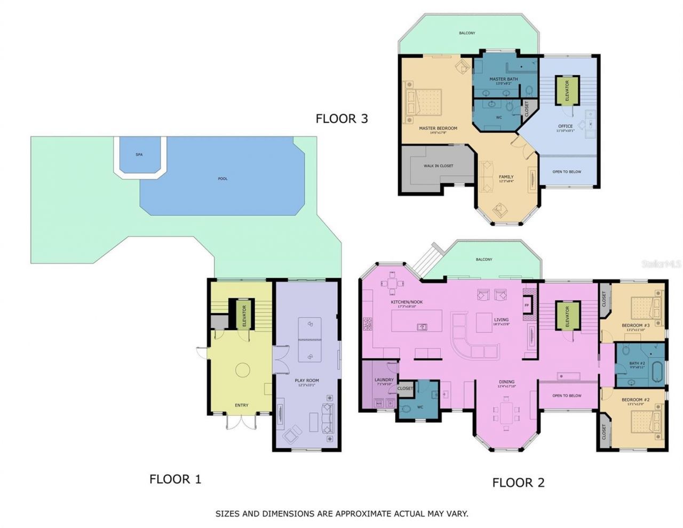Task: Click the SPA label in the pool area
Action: (x=139, y=155)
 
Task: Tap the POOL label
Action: (x=223, y=178)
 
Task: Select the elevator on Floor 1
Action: (x=244, y=316)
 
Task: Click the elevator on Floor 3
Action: (x=567, y=90)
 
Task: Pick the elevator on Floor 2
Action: (x=567, y=316)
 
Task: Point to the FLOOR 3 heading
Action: (x=341, y=119)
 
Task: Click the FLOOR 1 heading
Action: (x=175, y=479)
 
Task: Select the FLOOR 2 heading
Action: (x=518, y=483)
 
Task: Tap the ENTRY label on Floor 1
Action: (x=241, y=405)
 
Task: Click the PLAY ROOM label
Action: (x=307, y=381)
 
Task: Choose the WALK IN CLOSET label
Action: (x=438, y=166)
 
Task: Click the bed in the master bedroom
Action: (x=425, y=102)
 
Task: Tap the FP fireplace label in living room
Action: (x=527, y=305)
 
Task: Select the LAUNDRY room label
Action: (x=384, y=380)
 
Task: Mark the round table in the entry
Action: (x=243, y=369)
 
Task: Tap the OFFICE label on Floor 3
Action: (x=565, y=126)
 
